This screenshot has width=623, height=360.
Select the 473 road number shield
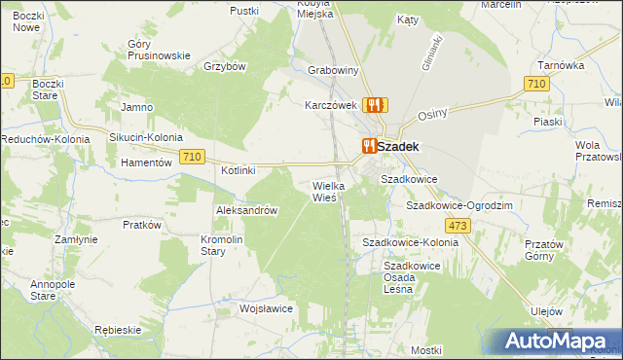[x=459, y=226]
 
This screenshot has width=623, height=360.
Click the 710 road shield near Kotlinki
[x=191, y=157]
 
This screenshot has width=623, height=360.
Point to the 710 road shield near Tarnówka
[x=534, y=85]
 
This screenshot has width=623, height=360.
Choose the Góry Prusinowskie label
[x=159, y=50]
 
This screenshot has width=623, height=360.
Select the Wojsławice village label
[x=267, y=308]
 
